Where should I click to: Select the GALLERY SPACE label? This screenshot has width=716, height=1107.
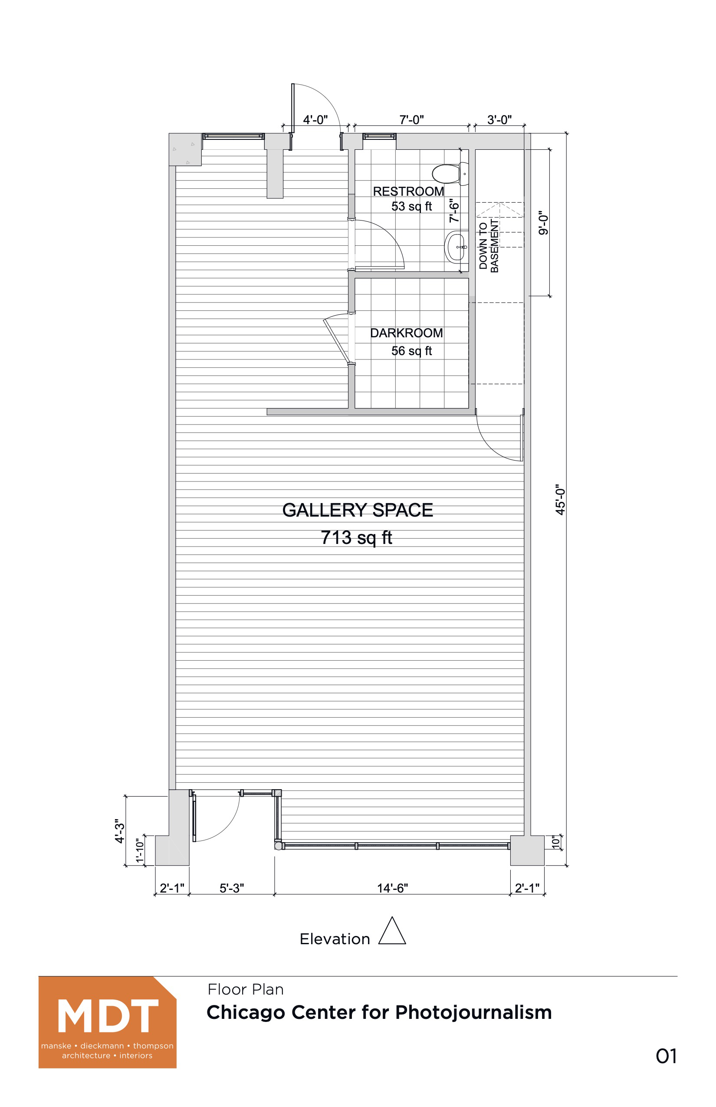click(358, 510)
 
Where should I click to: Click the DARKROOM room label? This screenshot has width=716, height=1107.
click(406, 333)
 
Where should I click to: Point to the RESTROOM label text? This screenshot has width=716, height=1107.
click(408, 191)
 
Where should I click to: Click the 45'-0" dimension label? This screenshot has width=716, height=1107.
click(560, 499)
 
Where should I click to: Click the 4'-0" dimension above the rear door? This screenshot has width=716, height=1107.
click(315, 120)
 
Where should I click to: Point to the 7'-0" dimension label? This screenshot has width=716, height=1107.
click(411, 120)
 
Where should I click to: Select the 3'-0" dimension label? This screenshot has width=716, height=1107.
click(499, 120)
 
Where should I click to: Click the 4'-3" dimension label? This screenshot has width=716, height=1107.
click(119, 831)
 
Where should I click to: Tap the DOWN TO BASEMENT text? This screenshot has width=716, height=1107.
click(488, 246)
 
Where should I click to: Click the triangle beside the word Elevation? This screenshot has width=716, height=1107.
click(392, 931)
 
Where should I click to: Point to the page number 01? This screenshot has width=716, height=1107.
click(666, 1056)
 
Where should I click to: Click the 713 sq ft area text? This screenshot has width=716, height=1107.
click(357, 538)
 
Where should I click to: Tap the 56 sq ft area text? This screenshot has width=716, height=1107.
click(411, 351)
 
